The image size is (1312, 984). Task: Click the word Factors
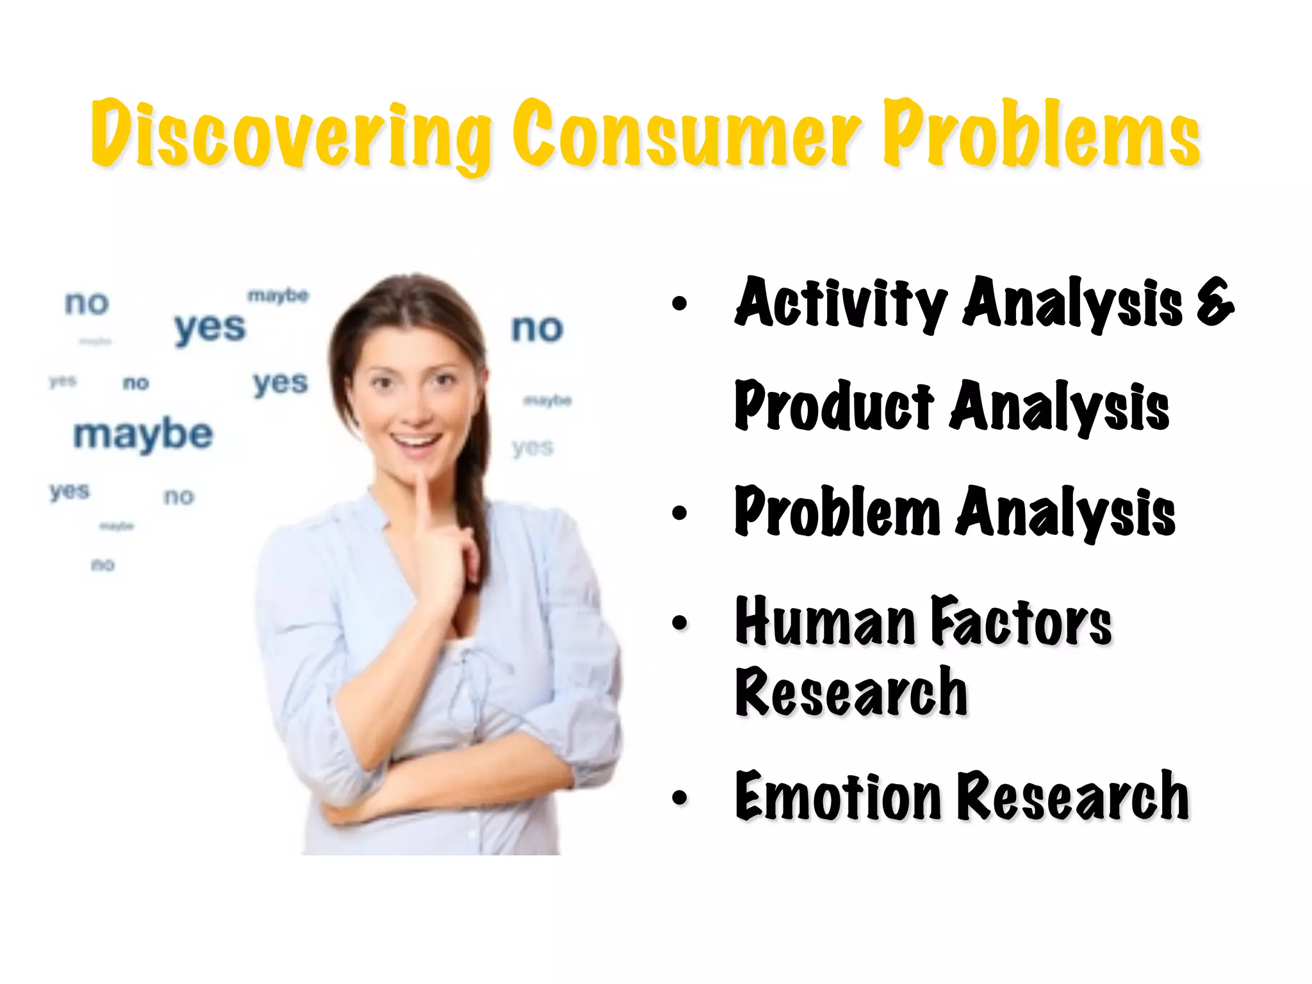point(1021,621)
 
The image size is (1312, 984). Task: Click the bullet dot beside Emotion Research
point(680,798)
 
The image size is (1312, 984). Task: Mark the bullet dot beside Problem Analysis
point(680,512)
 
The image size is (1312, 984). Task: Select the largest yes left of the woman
point(209,328)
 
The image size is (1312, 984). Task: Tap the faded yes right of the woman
point(532,448)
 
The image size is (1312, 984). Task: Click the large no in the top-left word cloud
point(86,302)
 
